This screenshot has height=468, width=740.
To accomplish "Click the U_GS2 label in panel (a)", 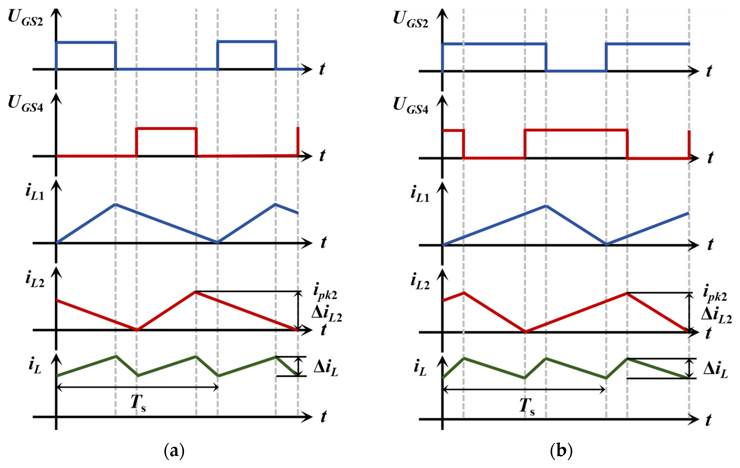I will [25, 18].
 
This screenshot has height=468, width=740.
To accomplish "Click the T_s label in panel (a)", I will [138, 403].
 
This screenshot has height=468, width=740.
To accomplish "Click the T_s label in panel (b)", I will [527, 406].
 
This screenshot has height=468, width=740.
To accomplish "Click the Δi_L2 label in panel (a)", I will [326, 314].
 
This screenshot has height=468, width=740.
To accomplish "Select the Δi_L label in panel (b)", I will [715, 369].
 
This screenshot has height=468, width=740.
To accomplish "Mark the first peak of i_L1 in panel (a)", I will [115, 204].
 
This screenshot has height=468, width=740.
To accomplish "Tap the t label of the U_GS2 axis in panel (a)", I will [322, 69].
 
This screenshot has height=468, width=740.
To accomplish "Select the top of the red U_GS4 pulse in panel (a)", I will [166, 128].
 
